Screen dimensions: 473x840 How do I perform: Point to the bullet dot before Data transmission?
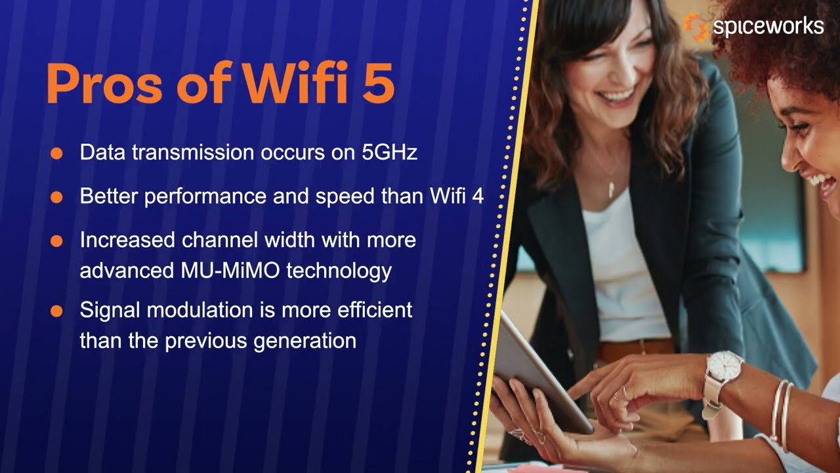click(x=56, y=153)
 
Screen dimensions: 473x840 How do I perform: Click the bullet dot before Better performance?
click(x=56, y=196)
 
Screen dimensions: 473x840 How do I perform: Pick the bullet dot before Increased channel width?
click(x=56, y=240)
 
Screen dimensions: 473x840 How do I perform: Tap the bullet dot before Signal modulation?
click(x=56, y=311)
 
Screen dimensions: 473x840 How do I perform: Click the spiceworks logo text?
click(x=767, y=26)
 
